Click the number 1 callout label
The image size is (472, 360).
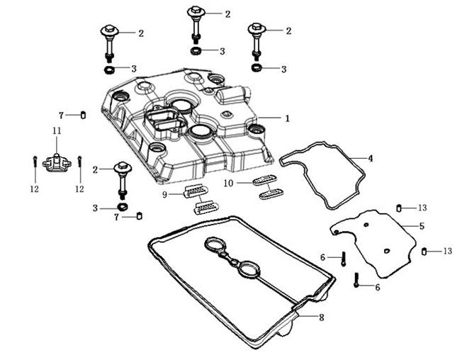coord(287,118)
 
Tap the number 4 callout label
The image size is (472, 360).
coord(370,157)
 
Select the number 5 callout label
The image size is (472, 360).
coord(421,226)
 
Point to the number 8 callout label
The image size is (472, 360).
coord(321,317)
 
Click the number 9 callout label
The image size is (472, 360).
coord(164,193)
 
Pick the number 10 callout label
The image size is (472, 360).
coord(229,184)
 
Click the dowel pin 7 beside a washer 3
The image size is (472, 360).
coord(140,215)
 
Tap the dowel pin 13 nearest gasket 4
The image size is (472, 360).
coord(400,208)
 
